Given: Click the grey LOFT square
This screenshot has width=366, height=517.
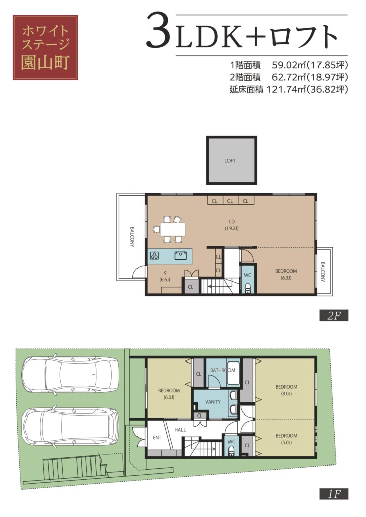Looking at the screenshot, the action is [232, 160].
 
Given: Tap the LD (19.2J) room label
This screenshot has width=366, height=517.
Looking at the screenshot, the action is [232, 225].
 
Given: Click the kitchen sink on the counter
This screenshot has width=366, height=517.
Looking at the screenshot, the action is [181, 255].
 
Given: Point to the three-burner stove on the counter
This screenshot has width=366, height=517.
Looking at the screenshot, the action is [155, 255].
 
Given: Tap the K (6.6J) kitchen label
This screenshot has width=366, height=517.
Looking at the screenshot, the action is [165, 276].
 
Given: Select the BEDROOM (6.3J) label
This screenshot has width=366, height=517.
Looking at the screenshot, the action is [286, 274].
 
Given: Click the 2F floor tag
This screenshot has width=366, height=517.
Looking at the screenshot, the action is [334, 316].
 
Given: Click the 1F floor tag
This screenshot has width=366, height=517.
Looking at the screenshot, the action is [334, 494].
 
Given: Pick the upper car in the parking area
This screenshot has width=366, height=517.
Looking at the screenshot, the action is [70, 374].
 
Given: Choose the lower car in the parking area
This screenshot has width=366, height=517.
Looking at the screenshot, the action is [70, 427].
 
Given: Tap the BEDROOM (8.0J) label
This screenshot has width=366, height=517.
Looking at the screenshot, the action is [286, 390].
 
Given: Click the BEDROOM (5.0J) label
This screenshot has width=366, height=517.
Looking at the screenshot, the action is [286, 439].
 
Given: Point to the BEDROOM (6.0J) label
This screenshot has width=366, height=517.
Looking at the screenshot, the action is [169, 394].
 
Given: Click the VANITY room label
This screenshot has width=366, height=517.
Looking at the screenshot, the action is [213, 402].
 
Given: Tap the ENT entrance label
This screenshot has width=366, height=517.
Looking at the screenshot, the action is [157, 438].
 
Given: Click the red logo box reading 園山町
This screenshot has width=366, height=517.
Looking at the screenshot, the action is [45, 47].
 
